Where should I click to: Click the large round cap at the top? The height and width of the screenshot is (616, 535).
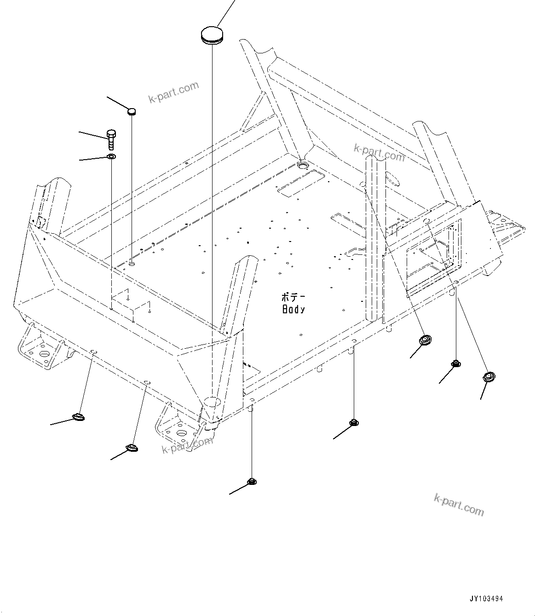coord(211,35)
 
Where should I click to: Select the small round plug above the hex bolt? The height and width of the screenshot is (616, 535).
coord(132,111)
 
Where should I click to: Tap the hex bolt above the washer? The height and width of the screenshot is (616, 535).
coord(111,138)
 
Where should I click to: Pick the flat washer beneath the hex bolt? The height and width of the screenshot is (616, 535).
coord(111,157)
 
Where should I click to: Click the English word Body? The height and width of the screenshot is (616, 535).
coord(293,310)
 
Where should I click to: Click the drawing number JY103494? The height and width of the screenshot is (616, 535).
coord(487,599)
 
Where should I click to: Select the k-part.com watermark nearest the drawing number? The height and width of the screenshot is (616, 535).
coord(459,504)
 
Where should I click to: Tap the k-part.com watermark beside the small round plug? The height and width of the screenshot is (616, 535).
coord(173,92)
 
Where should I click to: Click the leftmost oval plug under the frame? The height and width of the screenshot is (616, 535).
coord(79,417)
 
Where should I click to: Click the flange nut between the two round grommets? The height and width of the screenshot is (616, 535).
coord(456,363)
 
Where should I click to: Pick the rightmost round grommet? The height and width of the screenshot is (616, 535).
coord(488,377)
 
